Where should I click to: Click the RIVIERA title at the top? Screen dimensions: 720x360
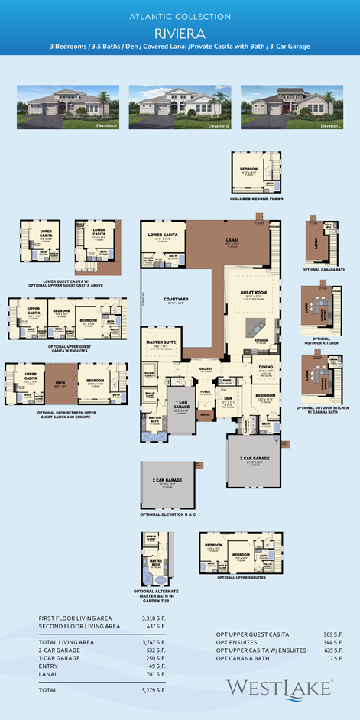pos(180,33)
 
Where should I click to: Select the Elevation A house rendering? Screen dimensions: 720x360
pos(68,106)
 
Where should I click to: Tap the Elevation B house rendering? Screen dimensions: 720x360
pos(180,106)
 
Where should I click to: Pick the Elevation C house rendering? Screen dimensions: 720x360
pos(291,106)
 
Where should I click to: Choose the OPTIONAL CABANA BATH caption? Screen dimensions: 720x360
pos(324,269)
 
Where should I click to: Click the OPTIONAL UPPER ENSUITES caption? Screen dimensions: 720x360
pos(241,577)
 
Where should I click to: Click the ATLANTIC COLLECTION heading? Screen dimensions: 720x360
pos(180,16)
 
